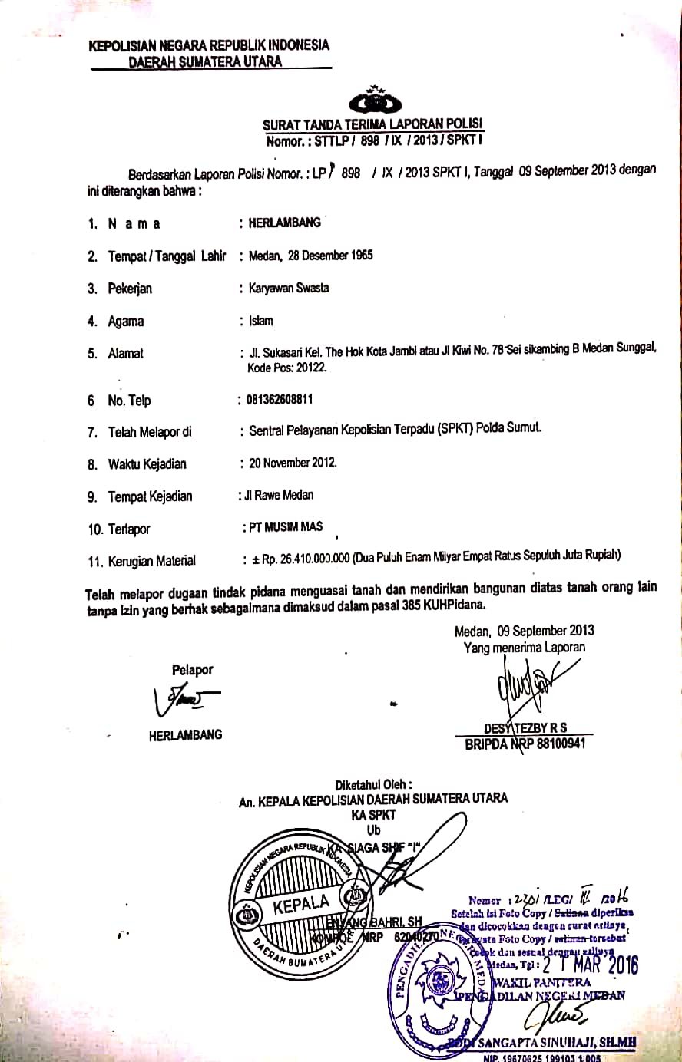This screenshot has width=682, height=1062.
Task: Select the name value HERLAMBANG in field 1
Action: click(284, 223)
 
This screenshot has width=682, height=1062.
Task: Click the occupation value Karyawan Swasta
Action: click(289, 288)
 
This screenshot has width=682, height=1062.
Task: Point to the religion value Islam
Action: click(260, 321)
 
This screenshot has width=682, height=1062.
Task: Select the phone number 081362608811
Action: click(280, 399)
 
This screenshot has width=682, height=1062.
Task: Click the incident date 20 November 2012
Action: click(292, 463)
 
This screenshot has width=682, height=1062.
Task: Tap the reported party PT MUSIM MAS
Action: click(283, 527)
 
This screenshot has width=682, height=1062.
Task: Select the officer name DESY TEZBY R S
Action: click(525, 728)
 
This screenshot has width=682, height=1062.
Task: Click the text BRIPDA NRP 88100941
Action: click(525, 744)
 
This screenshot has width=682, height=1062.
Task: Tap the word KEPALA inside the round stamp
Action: click(301, 904)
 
